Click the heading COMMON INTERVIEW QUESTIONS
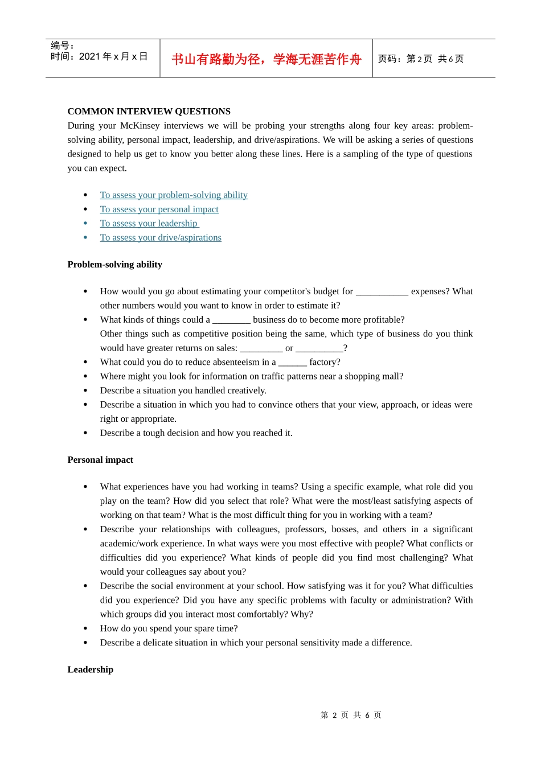point(149,112)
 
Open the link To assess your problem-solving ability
point(174,195)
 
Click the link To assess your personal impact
point(159,209)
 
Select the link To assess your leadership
point(149,224)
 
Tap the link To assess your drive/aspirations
point(161,238)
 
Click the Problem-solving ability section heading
point(114,265)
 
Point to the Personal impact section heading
point(100,460)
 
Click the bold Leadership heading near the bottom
point(90,670)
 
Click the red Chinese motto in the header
point(266,59)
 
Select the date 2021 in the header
point(89,56)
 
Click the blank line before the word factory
point(293,363)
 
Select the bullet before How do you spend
point(85,629)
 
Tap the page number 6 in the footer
point(368,715)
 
